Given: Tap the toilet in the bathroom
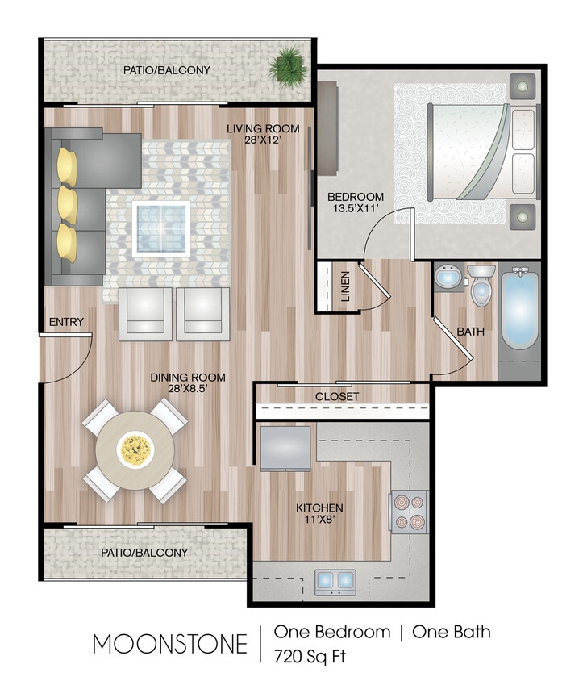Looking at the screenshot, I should [x=481, y=286].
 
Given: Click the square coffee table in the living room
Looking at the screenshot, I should [x=161, y=228].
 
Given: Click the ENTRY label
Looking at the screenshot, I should [x=66, y=322].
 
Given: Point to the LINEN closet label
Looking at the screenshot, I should [x=345, y=286].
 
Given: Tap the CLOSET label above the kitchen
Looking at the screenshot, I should [x=337, y=397].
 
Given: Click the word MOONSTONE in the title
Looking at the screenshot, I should [x=169, y=644].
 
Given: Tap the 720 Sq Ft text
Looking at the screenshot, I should [x=310, y=654].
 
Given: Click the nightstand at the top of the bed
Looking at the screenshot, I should [x=524, y=85].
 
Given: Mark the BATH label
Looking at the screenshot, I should [x=470, y=331].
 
